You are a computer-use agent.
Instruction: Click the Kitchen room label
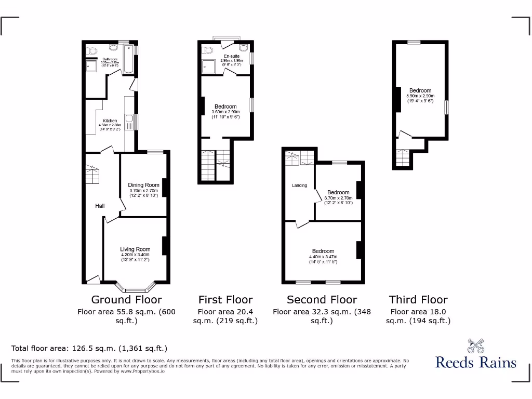(x=110, y=121)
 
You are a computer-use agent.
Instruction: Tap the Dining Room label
(x=143, y=185)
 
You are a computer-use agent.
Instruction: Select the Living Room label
(x=135, y=249)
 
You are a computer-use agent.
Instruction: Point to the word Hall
(x=100, y=206)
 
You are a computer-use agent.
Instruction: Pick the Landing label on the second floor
(x=299, y=185)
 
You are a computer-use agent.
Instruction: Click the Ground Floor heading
(x=126, y=300)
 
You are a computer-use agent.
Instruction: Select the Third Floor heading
(x=418, y=300)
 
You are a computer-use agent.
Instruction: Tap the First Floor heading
(x=225, y=300)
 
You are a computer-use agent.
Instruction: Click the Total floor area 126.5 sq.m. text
(x=89, y=348)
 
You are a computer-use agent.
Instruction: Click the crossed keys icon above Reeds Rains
(x=475, y=345)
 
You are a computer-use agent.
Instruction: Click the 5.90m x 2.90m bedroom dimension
(x=420, y=96)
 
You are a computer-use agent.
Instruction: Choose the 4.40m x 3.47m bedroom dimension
(x=323, y=257)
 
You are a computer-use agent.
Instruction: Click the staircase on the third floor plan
(x=403, y=157)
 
